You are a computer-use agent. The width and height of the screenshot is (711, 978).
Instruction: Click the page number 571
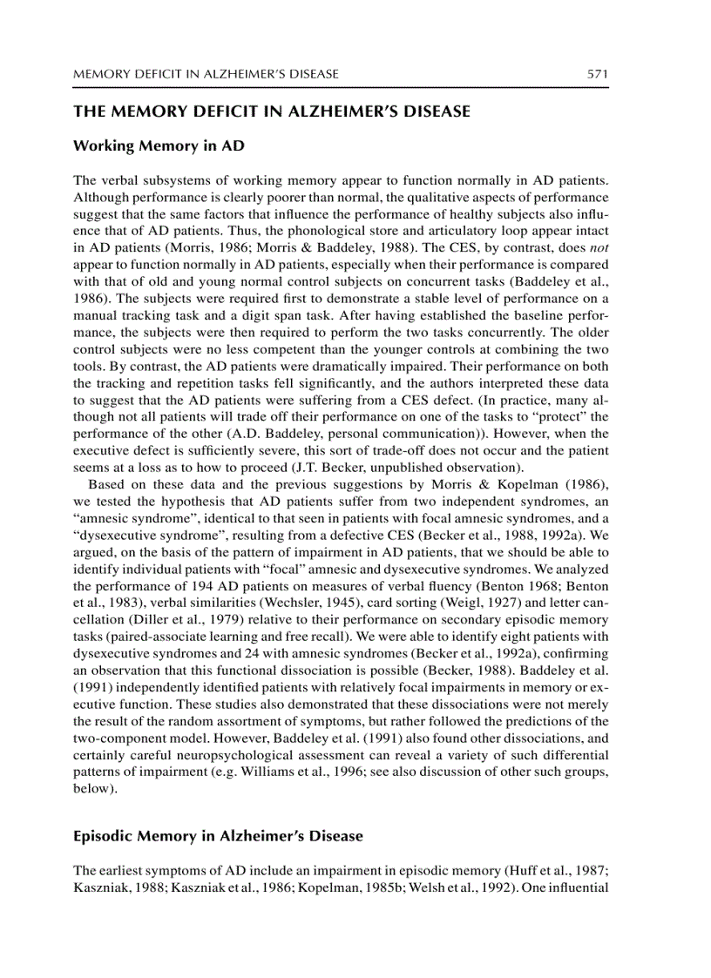pyautogui.click(x=597, y=74)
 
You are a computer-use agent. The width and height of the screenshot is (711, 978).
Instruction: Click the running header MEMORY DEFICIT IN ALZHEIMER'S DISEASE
pyautogui.click(x=206, y=74)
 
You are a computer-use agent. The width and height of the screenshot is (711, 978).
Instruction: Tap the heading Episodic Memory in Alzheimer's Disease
pyautogui.click(x=218, y=836)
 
